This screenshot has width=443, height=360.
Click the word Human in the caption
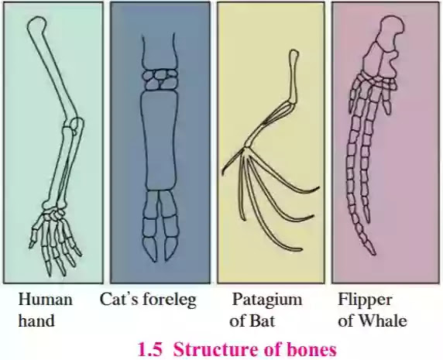point(45,300)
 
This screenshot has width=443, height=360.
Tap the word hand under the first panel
point(36,321)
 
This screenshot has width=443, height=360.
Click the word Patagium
point(266,300)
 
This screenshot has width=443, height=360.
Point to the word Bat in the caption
point(261,321)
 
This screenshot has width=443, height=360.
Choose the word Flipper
point(365,300)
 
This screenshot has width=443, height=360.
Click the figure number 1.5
point(150,349)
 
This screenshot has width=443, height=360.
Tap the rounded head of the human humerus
point(37,25)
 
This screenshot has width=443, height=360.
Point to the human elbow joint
point(74,125)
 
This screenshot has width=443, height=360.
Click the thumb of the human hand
point(36,231)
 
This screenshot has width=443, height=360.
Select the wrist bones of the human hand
point(53,213)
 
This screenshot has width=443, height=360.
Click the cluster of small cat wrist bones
point(160,79)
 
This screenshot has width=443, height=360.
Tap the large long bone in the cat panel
point(160,140)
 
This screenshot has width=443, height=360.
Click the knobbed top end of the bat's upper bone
point(294,54)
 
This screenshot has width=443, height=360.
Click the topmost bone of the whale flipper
point(390,30)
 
